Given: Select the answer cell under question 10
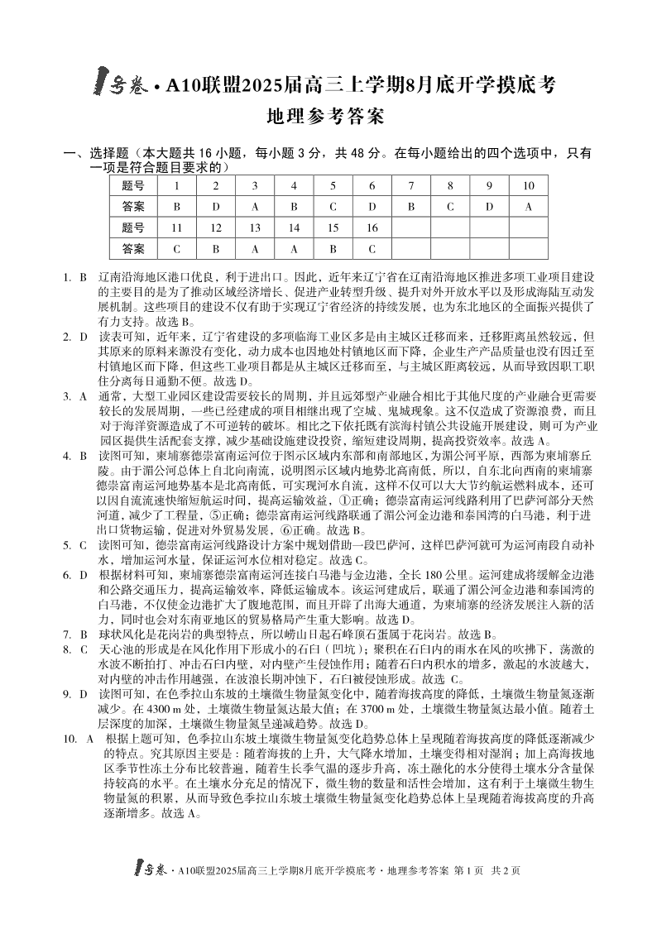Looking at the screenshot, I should (x=528, y=206).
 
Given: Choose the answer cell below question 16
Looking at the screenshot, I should (x=371, y=247).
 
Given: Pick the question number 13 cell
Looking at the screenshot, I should (x=254, y=227).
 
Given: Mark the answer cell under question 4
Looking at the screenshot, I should (x=293, y=206).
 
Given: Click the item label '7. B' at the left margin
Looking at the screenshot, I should (x=75, y=634).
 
